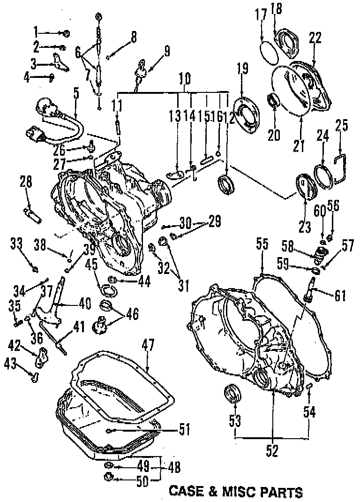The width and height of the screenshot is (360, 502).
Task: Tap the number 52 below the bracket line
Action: pyautogui.click(x=272, y=450)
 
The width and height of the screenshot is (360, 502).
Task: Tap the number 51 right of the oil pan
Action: pyautogui.click(x=185, y=429)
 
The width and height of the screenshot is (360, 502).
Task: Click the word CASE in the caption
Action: pyautogui.click(x=186, y=492)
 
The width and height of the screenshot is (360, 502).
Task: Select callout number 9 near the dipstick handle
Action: pyautogui.click(x=166, y=50)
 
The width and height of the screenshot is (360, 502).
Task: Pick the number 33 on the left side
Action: pyautogui.click(x=16, y=243)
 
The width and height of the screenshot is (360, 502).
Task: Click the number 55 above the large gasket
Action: pyautogui.click(x=262, y=243)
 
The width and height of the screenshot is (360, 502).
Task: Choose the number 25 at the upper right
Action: pyautogui.click(x=342, y=125)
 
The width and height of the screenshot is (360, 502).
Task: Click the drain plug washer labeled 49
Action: pyautogui.click(x=108, y=465)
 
